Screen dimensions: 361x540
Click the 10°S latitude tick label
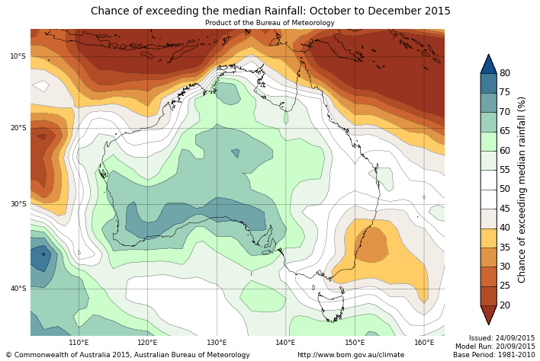pyautogui.click(x=18, y=56)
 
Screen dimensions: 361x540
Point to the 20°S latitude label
pyautogui.click(x=18, y=128)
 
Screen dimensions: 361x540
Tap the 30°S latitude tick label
pyautogui.click(x=18, y=204)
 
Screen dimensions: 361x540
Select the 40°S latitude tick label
pyautogui.click(x=18, y=289)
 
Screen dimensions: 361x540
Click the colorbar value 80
pyautogui.click(x=505, y=73)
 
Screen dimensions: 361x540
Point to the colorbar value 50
pyautogui.click(x=505, y=189)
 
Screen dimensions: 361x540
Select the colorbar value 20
pyautogui.click(x=505, y=305)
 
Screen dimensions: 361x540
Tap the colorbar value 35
pyautogui.click(x=505, y=248)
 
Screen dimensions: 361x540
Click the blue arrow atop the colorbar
pyautogui.click(x=488, y=63)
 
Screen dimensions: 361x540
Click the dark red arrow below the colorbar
pyautogui.click(x=488, y=315)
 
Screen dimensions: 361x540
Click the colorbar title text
pyautogui.click(x=522, y=189)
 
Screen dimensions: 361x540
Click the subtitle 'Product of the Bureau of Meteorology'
pyautogui.click(x=270, y=23)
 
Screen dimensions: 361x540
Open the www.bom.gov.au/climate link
pyautogui.click(x=351, y=355)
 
